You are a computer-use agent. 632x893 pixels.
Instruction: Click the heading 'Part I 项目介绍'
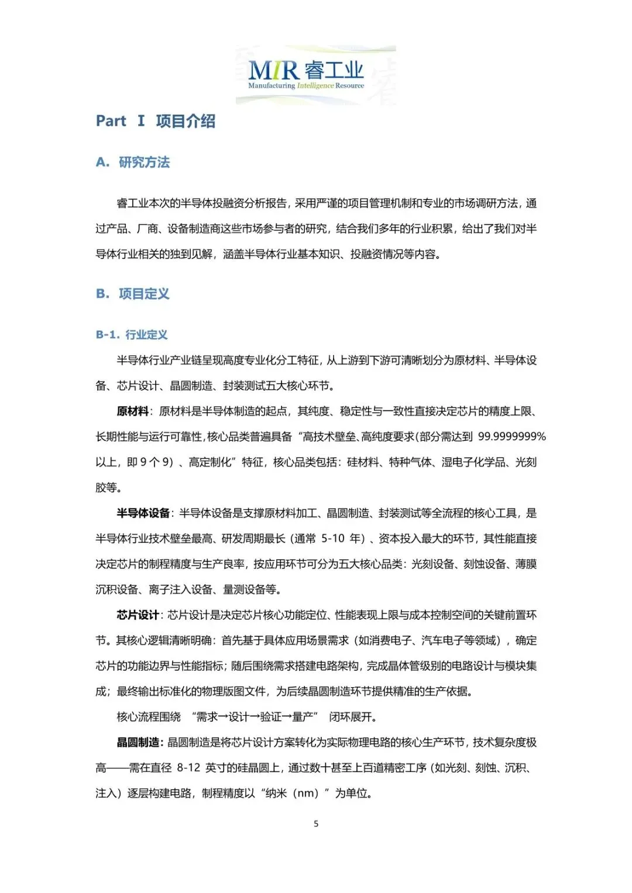click(x=156, y=121)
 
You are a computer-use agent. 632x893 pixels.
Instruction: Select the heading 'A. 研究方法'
click(x=133, y=162)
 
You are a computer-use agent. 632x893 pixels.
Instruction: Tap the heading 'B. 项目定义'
click(x=133, y=294)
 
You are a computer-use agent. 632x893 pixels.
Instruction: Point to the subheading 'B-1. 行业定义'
click(x=132, y=335)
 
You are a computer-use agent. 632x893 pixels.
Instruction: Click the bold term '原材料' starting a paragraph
click(x=132, y=412)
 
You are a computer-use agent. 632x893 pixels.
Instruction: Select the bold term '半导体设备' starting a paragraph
click(x=143, y=513)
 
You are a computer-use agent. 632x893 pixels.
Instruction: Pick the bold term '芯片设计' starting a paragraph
click(x=138, y=615)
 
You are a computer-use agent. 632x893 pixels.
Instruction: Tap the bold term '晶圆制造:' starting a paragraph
click(x=140, y=743)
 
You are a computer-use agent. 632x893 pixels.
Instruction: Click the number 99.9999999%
click(x=512, y=437)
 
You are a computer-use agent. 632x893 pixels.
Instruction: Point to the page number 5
click(x=316, y=824)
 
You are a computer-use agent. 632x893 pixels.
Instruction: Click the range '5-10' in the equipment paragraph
click(x=333, y=539)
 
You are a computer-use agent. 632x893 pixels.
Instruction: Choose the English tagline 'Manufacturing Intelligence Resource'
click(x=305, y=86)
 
